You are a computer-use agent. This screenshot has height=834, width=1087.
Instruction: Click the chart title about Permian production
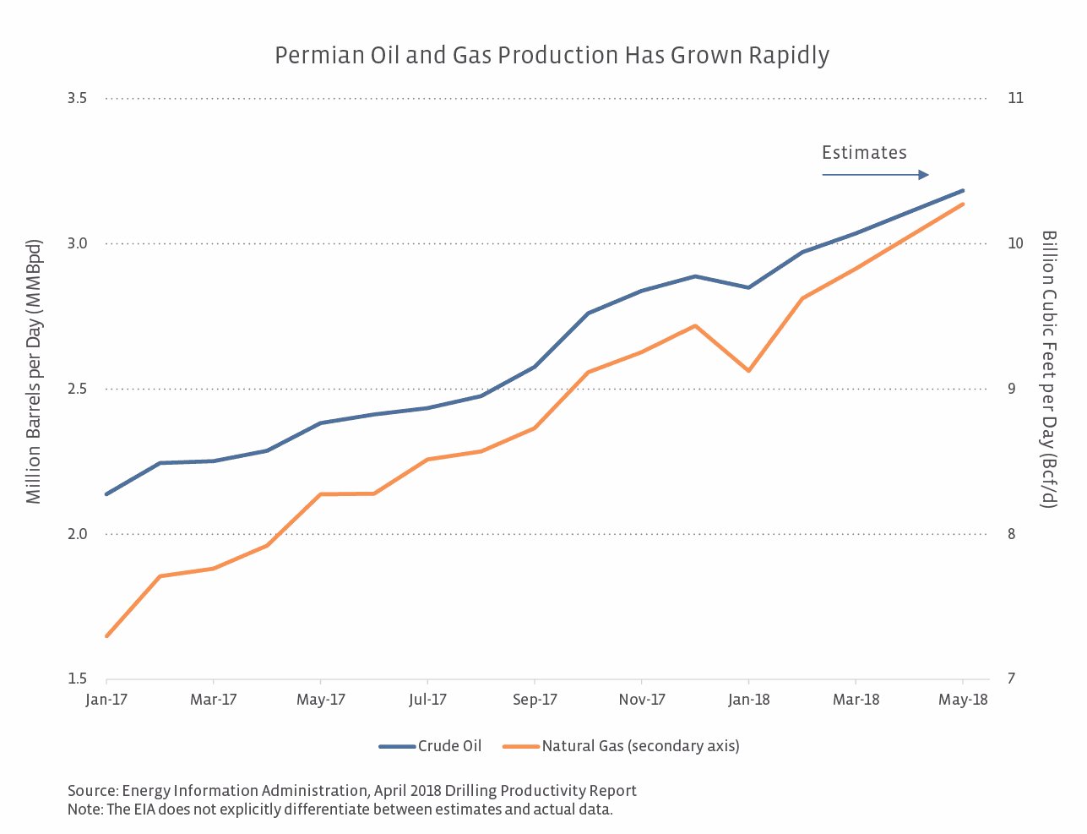click(552, 56)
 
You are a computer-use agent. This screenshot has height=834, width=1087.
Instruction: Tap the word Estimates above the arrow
click(864, 153)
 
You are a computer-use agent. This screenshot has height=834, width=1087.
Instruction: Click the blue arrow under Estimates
click(875, 175)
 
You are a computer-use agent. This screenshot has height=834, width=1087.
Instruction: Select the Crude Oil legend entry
click(431, 746)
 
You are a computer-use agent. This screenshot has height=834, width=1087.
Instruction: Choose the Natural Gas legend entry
click(622, 746)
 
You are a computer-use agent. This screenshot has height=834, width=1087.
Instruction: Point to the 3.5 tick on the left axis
click(77, 98)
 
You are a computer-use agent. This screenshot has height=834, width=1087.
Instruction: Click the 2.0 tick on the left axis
click(77, 534)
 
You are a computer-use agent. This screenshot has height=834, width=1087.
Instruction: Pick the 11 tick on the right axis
click(1015, 98)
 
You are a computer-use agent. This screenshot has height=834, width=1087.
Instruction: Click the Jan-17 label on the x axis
click(106, 700)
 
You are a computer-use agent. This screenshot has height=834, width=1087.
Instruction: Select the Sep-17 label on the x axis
click(535, 700)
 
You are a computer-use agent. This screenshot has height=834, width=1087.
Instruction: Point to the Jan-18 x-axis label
click(749, 700)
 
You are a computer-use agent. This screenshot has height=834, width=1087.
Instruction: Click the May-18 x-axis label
click(964, 700)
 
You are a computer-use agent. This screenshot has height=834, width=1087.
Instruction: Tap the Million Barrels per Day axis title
click(34, 372)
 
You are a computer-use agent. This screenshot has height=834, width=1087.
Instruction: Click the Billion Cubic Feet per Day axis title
click(1049, 368)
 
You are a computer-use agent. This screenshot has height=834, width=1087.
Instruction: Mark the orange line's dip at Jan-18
click(748, 371)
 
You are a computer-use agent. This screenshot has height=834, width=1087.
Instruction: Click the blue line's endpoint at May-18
click(964, 190)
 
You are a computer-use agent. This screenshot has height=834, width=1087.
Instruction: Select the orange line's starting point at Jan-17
click(106, 636)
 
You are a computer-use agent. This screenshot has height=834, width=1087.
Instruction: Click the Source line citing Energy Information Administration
click(352, 791)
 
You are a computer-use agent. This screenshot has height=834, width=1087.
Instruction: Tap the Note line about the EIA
click(340, 809)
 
